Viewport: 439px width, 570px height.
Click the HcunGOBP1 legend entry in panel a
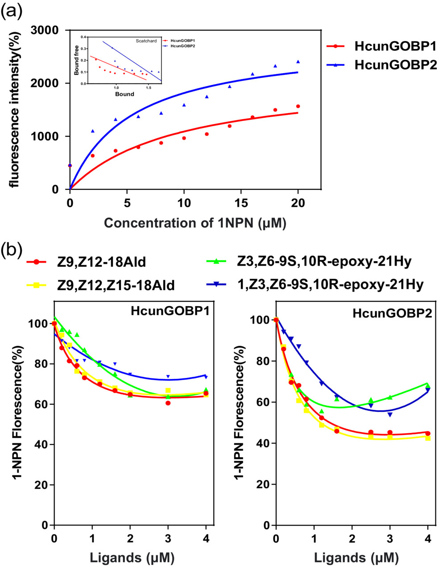click(x=395, y=46)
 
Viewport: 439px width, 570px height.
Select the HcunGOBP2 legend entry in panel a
click(x=395, y=65)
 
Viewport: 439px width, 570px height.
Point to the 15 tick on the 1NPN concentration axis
click(x=241, y=203)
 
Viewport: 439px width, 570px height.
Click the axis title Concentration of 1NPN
click(x=195, y=223)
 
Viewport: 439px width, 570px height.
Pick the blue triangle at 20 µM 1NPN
click(x=298, y=62)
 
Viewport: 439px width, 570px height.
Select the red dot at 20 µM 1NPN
click(x=298, y=106)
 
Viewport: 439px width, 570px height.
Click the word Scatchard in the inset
click(x=146, y=41)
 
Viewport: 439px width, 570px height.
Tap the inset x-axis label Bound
click(x=124, y=94)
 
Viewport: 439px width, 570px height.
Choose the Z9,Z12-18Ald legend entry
click(x=101, y=262)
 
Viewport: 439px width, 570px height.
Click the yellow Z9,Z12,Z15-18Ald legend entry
click(x=116, y=284)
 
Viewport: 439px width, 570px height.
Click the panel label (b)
click(x=12, y=250)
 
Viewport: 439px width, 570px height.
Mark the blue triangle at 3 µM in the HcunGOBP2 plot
click(x=390, y=414)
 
